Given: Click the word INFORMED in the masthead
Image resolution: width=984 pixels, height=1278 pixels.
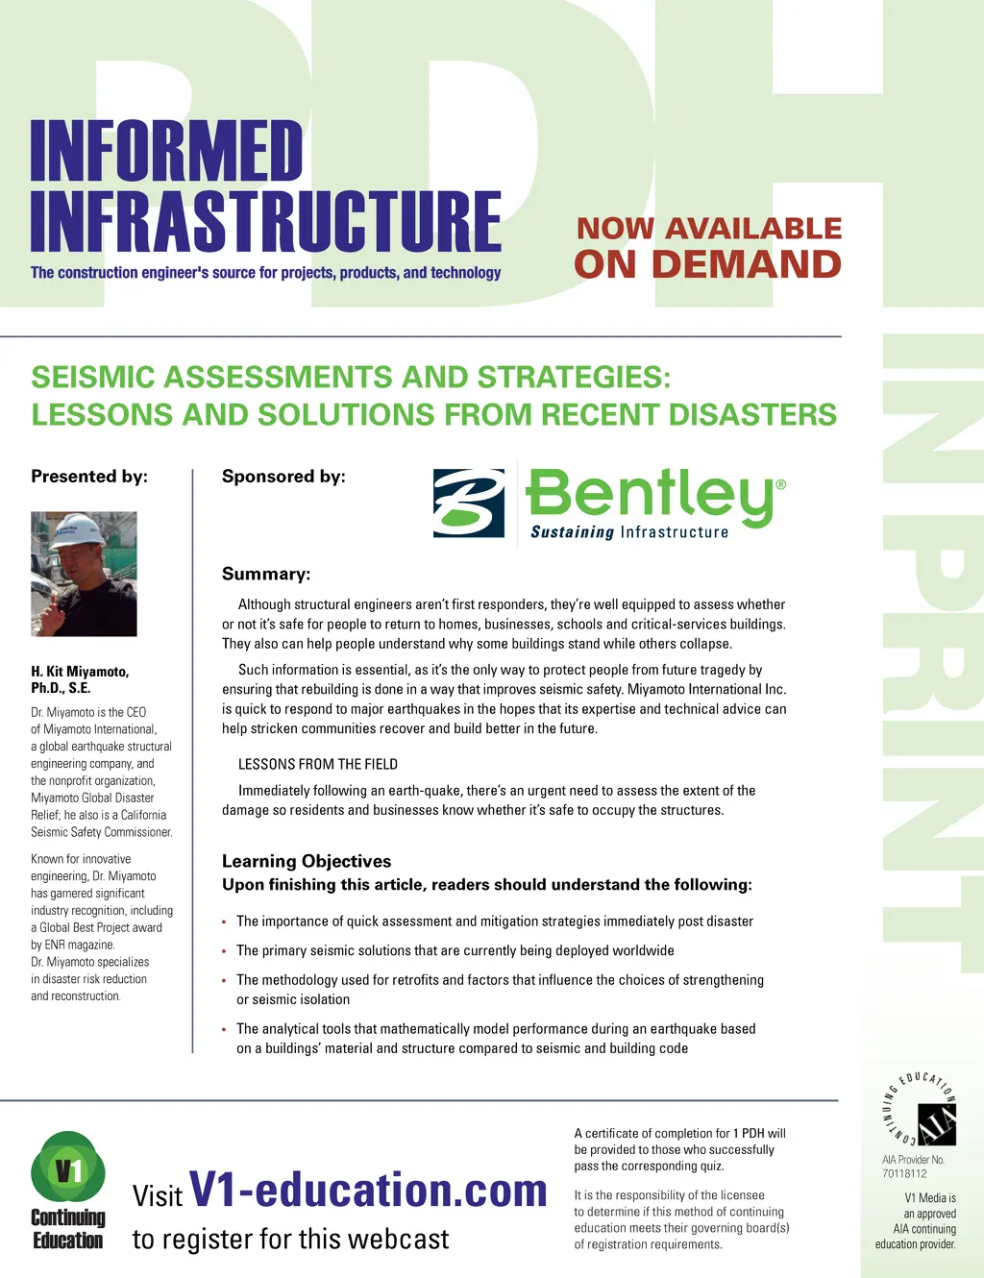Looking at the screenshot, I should tap(166, 152).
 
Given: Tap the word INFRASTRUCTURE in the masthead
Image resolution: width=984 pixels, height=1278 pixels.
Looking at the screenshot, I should tap(265, 222).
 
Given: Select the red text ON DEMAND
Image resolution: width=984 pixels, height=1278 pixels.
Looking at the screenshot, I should tap(707, 264).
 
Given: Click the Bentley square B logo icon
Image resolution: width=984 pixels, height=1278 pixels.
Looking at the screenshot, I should tap(468, 503).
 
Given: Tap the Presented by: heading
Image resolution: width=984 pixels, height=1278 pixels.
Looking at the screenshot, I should tap(89, 477).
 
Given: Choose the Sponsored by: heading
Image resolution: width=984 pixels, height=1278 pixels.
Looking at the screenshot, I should tap(283, 477).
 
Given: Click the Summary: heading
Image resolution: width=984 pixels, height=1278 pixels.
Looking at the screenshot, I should tap(266, 575).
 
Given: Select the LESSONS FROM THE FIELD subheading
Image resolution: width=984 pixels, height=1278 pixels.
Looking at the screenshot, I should tap(318, 765).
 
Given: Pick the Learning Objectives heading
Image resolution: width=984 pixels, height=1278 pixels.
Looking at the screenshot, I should tap(307, 862).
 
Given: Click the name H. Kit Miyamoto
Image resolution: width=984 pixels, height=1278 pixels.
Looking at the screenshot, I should tap(80, 672).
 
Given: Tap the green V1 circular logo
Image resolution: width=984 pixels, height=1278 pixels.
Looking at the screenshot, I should tap(68, 1168).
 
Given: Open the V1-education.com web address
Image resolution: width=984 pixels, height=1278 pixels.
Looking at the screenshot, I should tap(368, 1190).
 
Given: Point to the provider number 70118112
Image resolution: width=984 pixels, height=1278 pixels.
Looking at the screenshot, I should tap(904, 1173).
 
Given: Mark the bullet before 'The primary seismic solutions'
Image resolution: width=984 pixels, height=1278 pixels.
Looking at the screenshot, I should tap(224, 951).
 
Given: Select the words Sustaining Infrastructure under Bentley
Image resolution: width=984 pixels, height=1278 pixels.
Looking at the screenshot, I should tap(629, 532).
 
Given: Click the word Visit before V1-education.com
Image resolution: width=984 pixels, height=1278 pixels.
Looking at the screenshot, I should tap(157, 1196).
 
